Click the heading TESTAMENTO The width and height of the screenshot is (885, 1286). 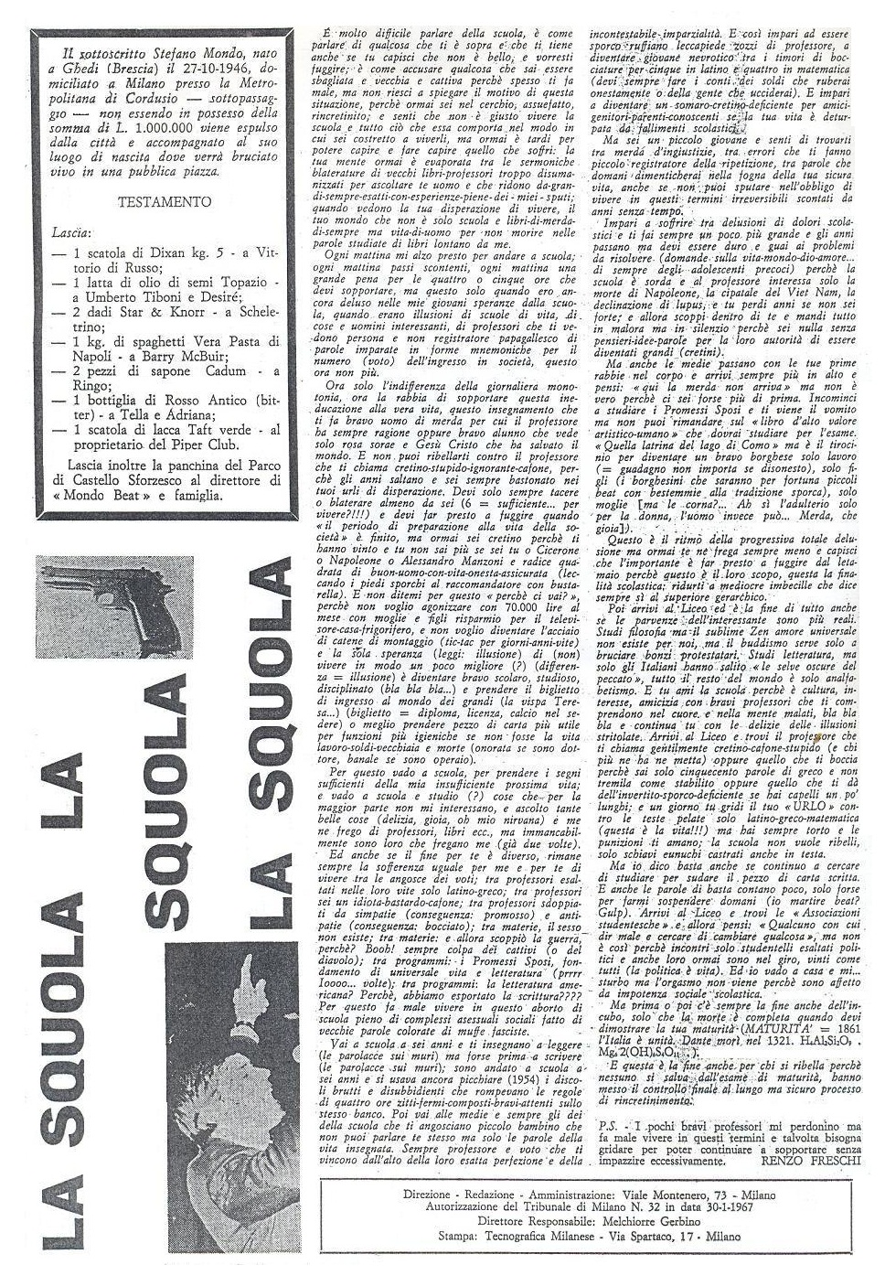coord(166,201)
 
